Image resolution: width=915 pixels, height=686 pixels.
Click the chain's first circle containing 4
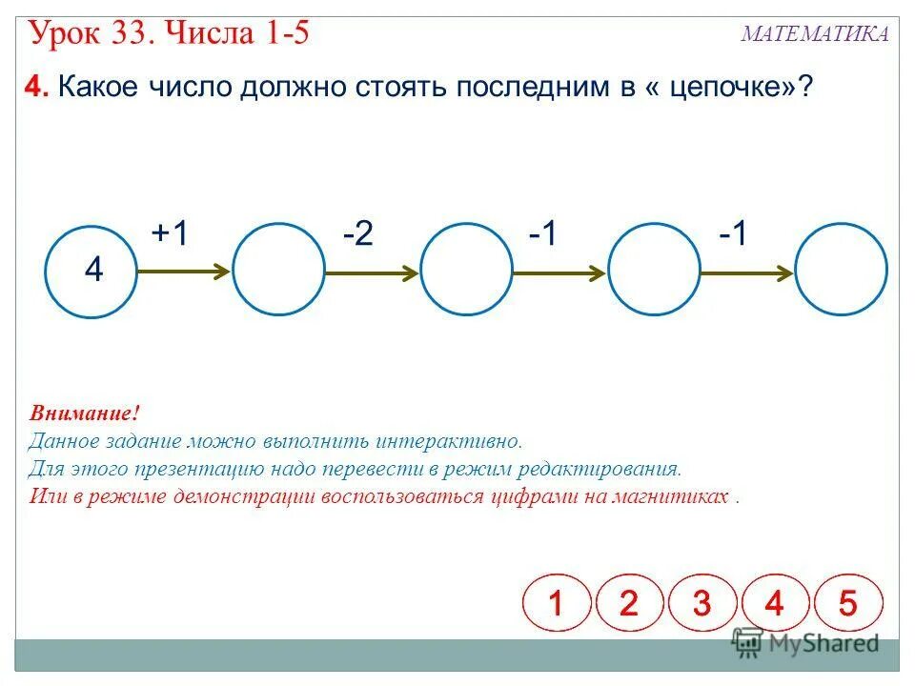[x=91, y=270]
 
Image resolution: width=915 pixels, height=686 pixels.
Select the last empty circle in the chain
[x=842, y=270]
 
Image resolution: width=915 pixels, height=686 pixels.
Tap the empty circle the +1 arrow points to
[x=278, y=270]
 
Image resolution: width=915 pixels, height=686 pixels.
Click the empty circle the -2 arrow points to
[x=466, y=270]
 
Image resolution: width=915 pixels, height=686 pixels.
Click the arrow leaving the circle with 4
[x=184, y=272]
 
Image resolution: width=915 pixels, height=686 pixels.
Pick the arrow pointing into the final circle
[x=747, y=273]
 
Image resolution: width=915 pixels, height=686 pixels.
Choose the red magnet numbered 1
[x=557, y=603]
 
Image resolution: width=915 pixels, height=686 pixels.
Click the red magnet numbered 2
[x=629, y=603]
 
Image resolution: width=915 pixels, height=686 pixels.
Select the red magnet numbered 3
[x=701, y=603]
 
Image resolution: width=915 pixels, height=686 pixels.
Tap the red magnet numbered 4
[x=774, y=603]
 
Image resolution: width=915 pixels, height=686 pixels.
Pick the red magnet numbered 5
[x=847, y=603]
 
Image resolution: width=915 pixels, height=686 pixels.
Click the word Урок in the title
[x=69, y=34]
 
